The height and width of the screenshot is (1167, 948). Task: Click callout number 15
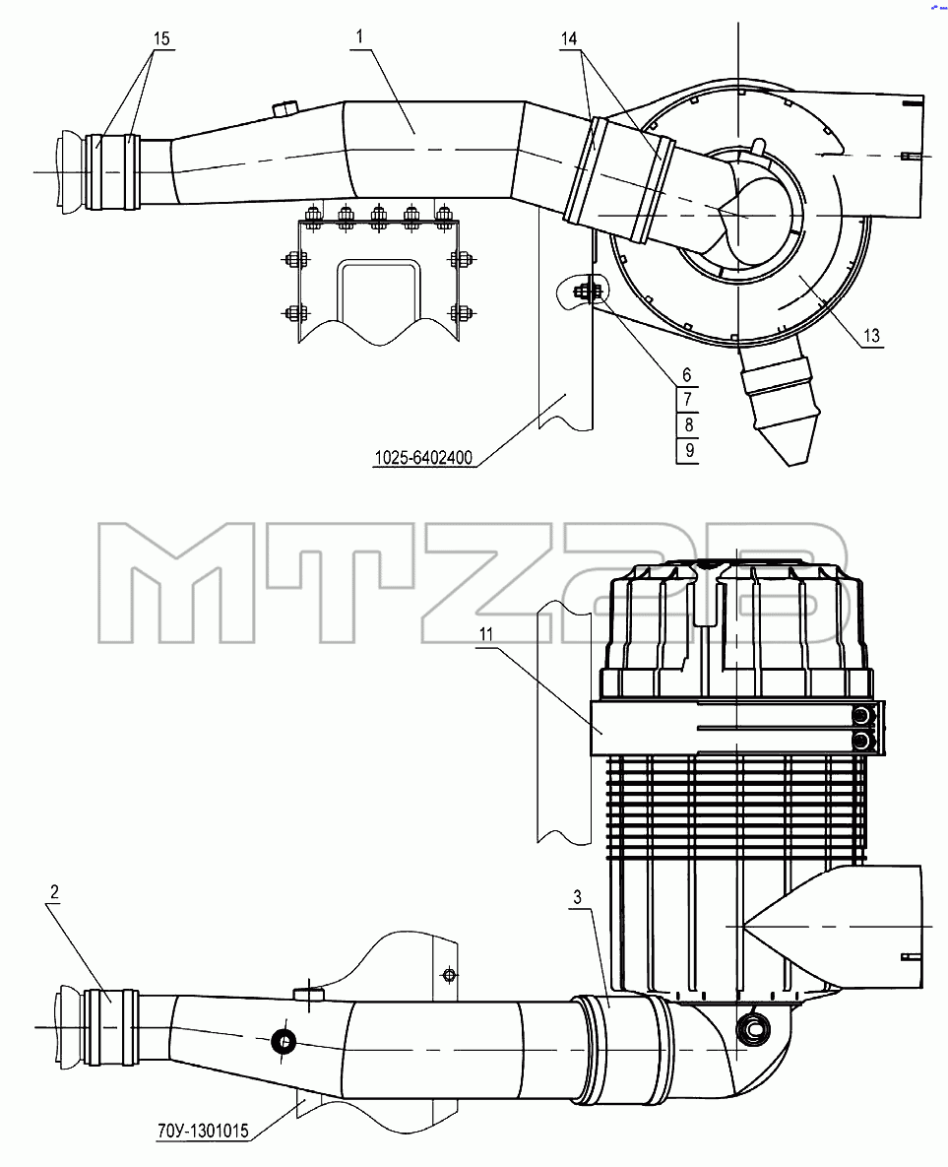(x=162, y=38)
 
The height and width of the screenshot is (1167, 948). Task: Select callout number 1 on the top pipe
(x=360, y=36)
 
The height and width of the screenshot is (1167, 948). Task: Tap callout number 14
(x=569, y=38)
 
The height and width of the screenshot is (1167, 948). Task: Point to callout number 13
(x=871, y=336)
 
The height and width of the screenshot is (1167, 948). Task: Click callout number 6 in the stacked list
(x=687, y=375)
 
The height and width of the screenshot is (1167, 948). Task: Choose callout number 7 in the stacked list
(x=687, y=400)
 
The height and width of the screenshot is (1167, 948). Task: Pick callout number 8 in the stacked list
(x=688, y=425)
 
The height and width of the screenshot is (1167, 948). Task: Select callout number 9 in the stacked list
(x=689, y=450)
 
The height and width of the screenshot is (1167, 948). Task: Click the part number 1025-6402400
(x=423, y=458)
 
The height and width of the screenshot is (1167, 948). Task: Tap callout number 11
(x=486, y=634)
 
